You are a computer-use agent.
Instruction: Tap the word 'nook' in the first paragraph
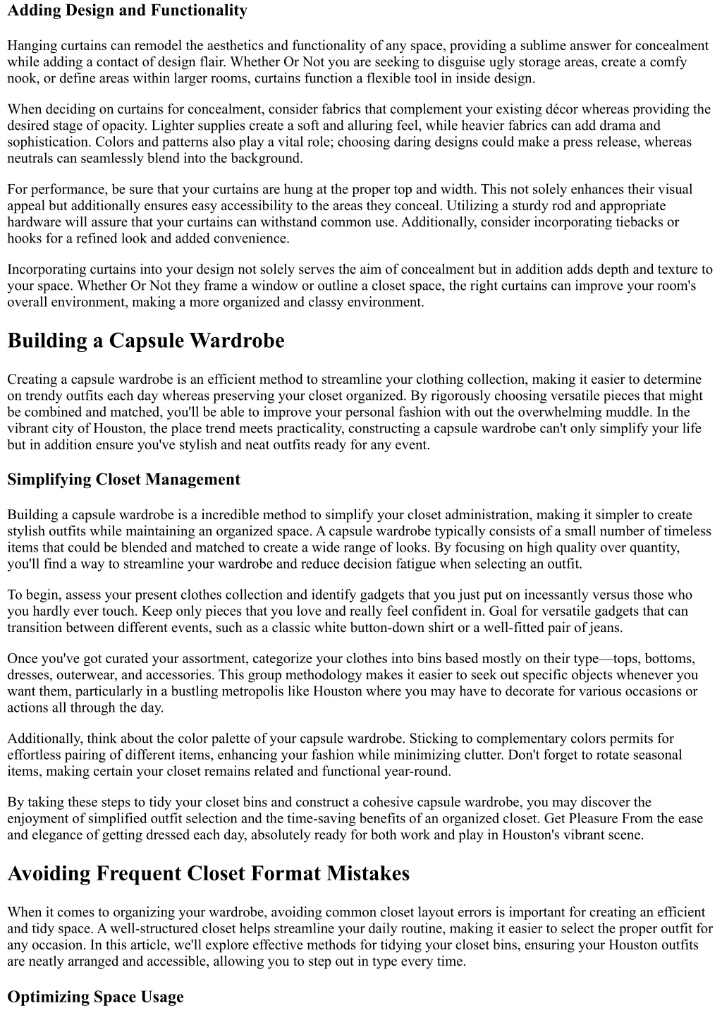(x=22, y=78)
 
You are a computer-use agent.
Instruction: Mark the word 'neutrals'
(x=31, y=158)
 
